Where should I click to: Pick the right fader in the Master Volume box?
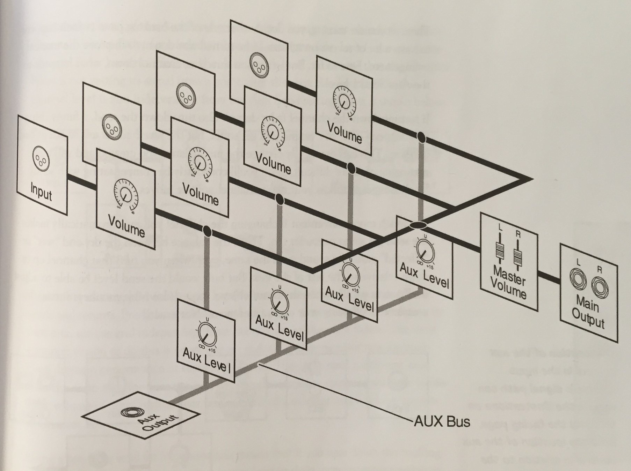pos(518,254)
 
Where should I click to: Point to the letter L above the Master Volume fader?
pos(500,227)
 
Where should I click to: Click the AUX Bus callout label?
pos(442,422)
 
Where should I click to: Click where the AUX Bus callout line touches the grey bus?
pos(259,364)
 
